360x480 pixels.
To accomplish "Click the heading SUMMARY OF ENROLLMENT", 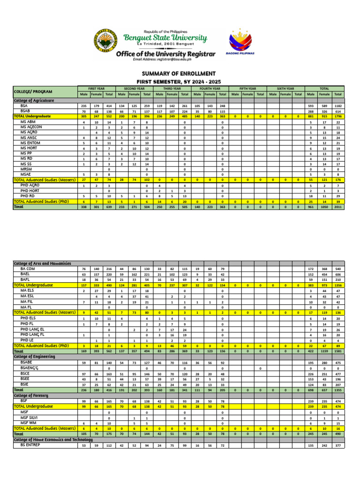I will [x=179, y=74].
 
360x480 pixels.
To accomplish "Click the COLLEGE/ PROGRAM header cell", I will [x=33, y=91].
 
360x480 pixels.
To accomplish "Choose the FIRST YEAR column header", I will [x=96, y=88].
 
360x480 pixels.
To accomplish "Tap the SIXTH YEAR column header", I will [x=285, y=88].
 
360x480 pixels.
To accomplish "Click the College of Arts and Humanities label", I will [x=42, y=263].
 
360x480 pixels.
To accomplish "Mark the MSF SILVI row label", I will [x=30, y=417].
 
